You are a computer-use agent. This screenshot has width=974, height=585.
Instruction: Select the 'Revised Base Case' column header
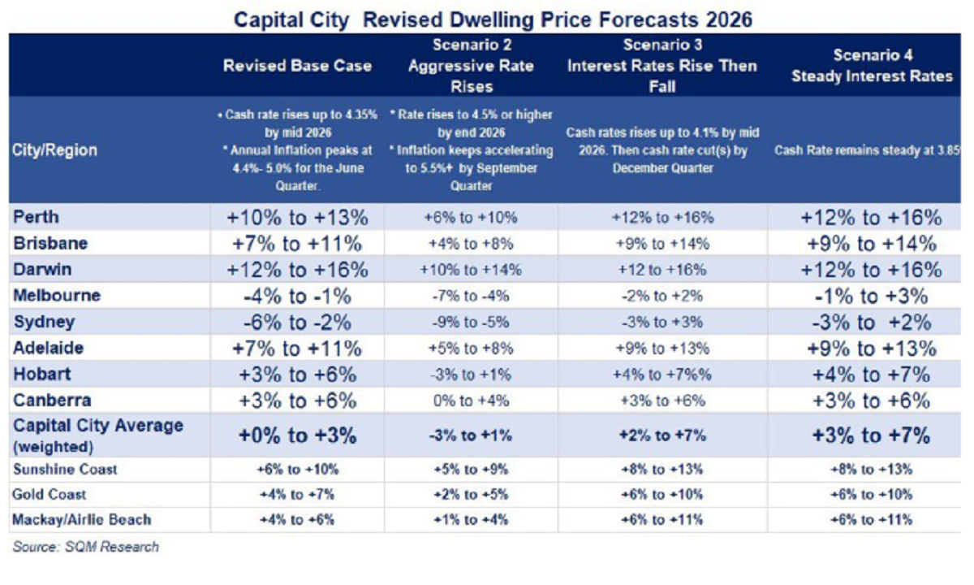(x=298, y=66)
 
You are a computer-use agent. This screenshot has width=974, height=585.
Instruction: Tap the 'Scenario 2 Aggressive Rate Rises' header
(x=472, y=65)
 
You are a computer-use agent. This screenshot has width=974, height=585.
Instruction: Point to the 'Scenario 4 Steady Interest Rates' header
(x=870, y=66)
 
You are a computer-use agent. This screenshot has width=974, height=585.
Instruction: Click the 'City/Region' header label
(x=55, y=150)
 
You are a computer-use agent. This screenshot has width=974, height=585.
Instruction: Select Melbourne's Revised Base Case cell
(x=298, y=296)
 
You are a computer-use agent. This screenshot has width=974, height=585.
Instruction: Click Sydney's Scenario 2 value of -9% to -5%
(x=472, y=322)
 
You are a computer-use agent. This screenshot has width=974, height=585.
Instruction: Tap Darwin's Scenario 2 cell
(x=472, y=270)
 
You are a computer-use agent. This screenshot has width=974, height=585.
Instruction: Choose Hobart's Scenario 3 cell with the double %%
(x=663, y=375)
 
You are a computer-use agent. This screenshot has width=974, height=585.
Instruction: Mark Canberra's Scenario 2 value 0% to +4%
(x=472, y=401)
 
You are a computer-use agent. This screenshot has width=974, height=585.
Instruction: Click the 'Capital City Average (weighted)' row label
(x=98, y=434)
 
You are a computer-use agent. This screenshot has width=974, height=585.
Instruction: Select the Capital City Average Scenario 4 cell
(x=870, y=435)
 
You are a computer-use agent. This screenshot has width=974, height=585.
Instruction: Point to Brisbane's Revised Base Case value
(x=298, y=244)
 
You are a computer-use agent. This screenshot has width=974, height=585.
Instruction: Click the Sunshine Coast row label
(x=66, y=470)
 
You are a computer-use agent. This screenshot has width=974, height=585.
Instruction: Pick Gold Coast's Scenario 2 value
(x=472, y=495)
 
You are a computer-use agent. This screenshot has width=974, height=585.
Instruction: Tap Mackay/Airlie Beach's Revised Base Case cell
(x=298, y=520)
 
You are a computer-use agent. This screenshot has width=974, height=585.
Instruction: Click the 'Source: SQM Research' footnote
(x=86, y=547)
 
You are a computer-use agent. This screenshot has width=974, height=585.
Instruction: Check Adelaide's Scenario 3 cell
(x=663, y=349)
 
